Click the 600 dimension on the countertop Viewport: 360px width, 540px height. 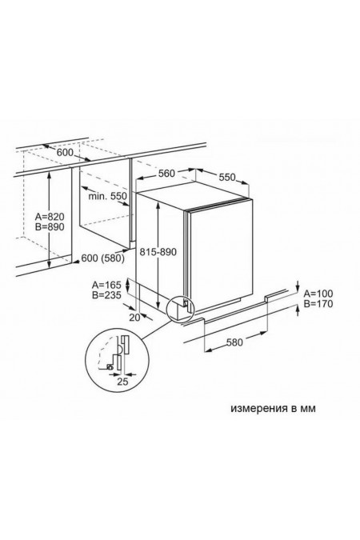click(x=64, y=153)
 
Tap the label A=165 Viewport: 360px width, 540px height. click(x=106, y=284)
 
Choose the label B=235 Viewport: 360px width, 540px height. click(x=106, y=295)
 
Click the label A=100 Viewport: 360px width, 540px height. click(x=318, y=294)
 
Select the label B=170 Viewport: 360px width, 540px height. click(x=318, y=305)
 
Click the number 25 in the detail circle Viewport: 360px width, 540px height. click(x=122, y=381)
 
